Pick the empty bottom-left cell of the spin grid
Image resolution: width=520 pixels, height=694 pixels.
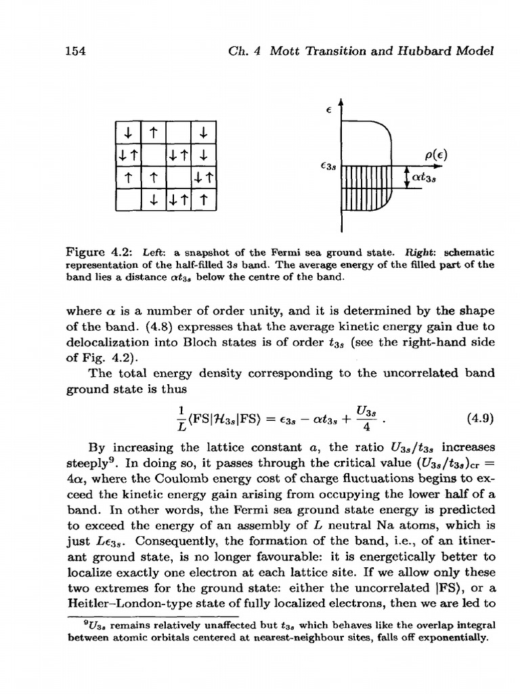(129, 199)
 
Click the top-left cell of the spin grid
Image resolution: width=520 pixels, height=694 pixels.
(129, 128)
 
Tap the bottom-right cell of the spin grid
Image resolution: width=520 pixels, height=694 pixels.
(204, 199)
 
